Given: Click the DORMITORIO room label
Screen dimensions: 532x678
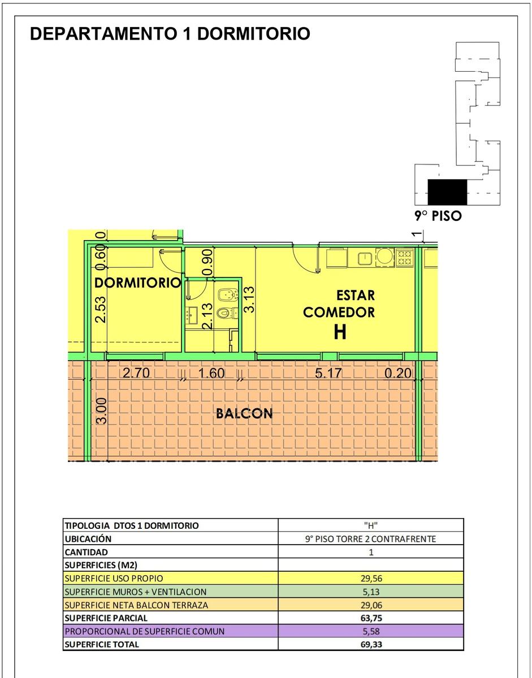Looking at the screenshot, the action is point(138,282).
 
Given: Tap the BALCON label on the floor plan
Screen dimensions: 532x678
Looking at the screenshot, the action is point(244,414).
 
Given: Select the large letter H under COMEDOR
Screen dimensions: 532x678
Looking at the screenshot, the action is point(340,332).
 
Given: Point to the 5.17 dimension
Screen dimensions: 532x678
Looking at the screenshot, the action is point(328,373).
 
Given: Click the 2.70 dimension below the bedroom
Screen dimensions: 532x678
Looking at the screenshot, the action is point(136,373).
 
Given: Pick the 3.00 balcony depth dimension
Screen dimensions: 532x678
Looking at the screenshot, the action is point(102,411).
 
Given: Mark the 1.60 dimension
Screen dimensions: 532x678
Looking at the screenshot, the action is point(211,373).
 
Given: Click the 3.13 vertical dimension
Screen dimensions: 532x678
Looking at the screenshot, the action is point(249,299).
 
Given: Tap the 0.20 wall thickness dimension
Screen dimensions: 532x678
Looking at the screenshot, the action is point(398,373).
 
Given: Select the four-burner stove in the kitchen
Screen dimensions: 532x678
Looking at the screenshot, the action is point(405,258).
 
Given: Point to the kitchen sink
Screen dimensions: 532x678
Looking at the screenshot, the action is point(364,259).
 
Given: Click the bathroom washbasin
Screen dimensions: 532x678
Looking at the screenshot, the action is point(191,315).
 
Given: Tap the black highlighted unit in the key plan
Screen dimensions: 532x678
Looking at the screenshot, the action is point(447,192).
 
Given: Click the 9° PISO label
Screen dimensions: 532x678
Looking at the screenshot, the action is point(438,216).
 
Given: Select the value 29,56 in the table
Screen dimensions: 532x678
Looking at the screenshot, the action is point(371,578).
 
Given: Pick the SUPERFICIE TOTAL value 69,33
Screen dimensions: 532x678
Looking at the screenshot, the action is point(371,644).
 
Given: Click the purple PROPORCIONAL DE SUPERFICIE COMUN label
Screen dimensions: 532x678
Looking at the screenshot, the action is point(145,631).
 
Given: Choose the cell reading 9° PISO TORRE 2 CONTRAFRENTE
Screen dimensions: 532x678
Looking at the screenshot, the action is point(370,539).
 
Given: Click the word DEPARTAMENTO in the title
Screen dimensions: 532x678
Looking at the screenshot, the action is point(103,33).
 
